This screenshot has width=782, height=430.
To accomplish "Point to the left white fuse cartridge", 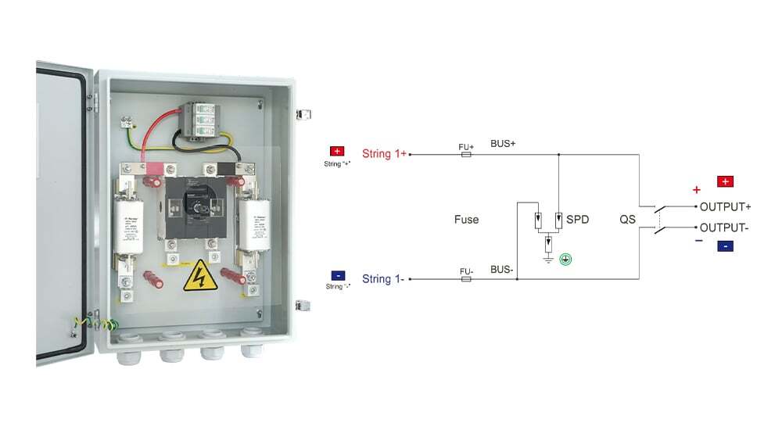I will (130, 226).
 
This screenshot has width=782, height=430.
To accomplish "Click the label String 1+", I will (384, 154).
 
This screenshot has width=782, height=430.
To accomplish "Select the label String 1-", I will (383, 278).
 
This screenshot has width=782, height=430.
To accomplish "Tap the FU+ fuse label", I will (466, 146).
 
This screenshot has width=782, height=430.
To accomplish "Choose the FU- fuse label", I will (466, 271).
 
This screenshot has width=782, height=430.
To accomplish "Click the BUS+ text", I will (503, 145).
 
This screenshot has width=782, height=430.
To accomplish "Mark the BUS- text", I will (502, 270).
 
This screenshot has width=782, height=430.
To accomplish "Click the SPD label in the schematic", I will (577, 220).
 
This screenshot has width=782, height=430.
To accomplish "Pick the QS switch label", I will (628, 220).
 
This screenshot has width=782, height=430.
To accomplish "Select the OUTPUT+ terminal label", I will (725, 206).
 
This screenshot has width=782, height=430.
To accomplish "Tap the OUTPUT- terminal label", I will (724, 228).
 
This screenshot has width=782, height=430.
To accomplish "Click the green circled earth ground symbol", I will (565, 258).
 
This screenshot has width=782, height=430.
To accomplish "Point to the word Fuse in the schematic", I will (466, 220).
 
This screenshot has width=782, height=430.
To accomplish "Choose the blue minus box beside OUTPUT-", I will (725, 246).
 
